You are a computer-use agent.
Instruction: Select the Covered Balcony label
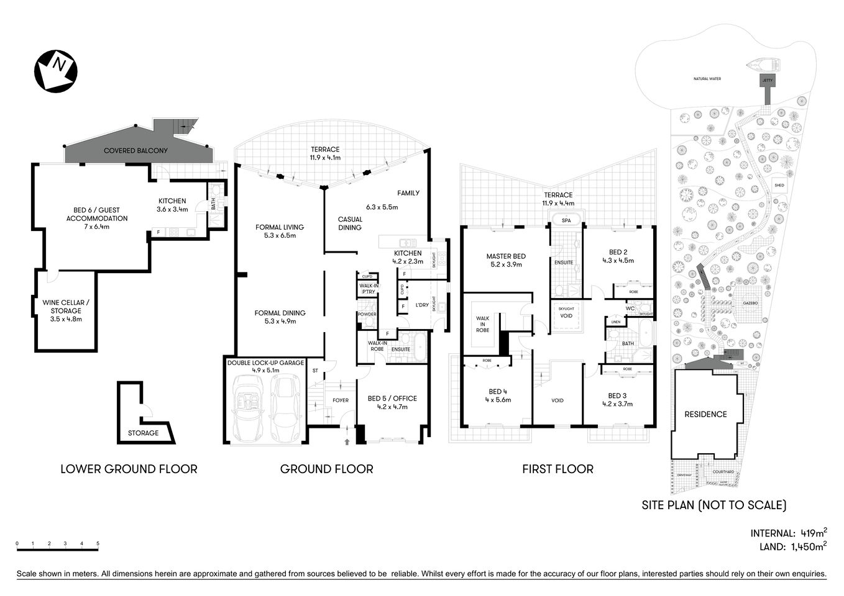click(x=135, y=151)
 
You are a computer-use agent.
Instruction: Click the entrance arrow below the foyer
click(x=347, y=441)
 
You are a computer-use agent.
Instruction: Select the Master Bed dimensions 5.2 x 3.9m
click(x=506, y=264)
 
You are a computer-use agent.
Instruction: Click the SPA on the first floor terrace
click(x=566, y=220)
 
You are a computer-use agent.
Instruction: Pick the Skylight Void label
click(x=566, y=312)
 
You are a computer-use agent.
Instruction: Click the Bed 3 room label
click(x=617, y=395)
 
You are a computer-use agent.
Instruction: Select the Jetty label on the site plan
click(x=767, y=81)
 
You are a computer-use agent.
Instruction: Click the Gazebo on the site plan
click(x=750, y=303)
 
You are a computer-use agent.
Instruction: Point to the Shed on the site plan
click(x=779, y=185)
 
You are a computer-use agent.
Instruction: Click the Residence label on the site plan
click(x=705, y=414)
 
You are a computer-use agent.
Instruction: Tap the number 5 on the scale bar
click(x=98, y=543)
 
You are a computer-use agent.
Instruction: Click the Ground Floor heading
click(x=326, y=469)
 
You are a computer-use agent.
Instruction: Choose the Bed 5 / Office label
click(x=392, y=399)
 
